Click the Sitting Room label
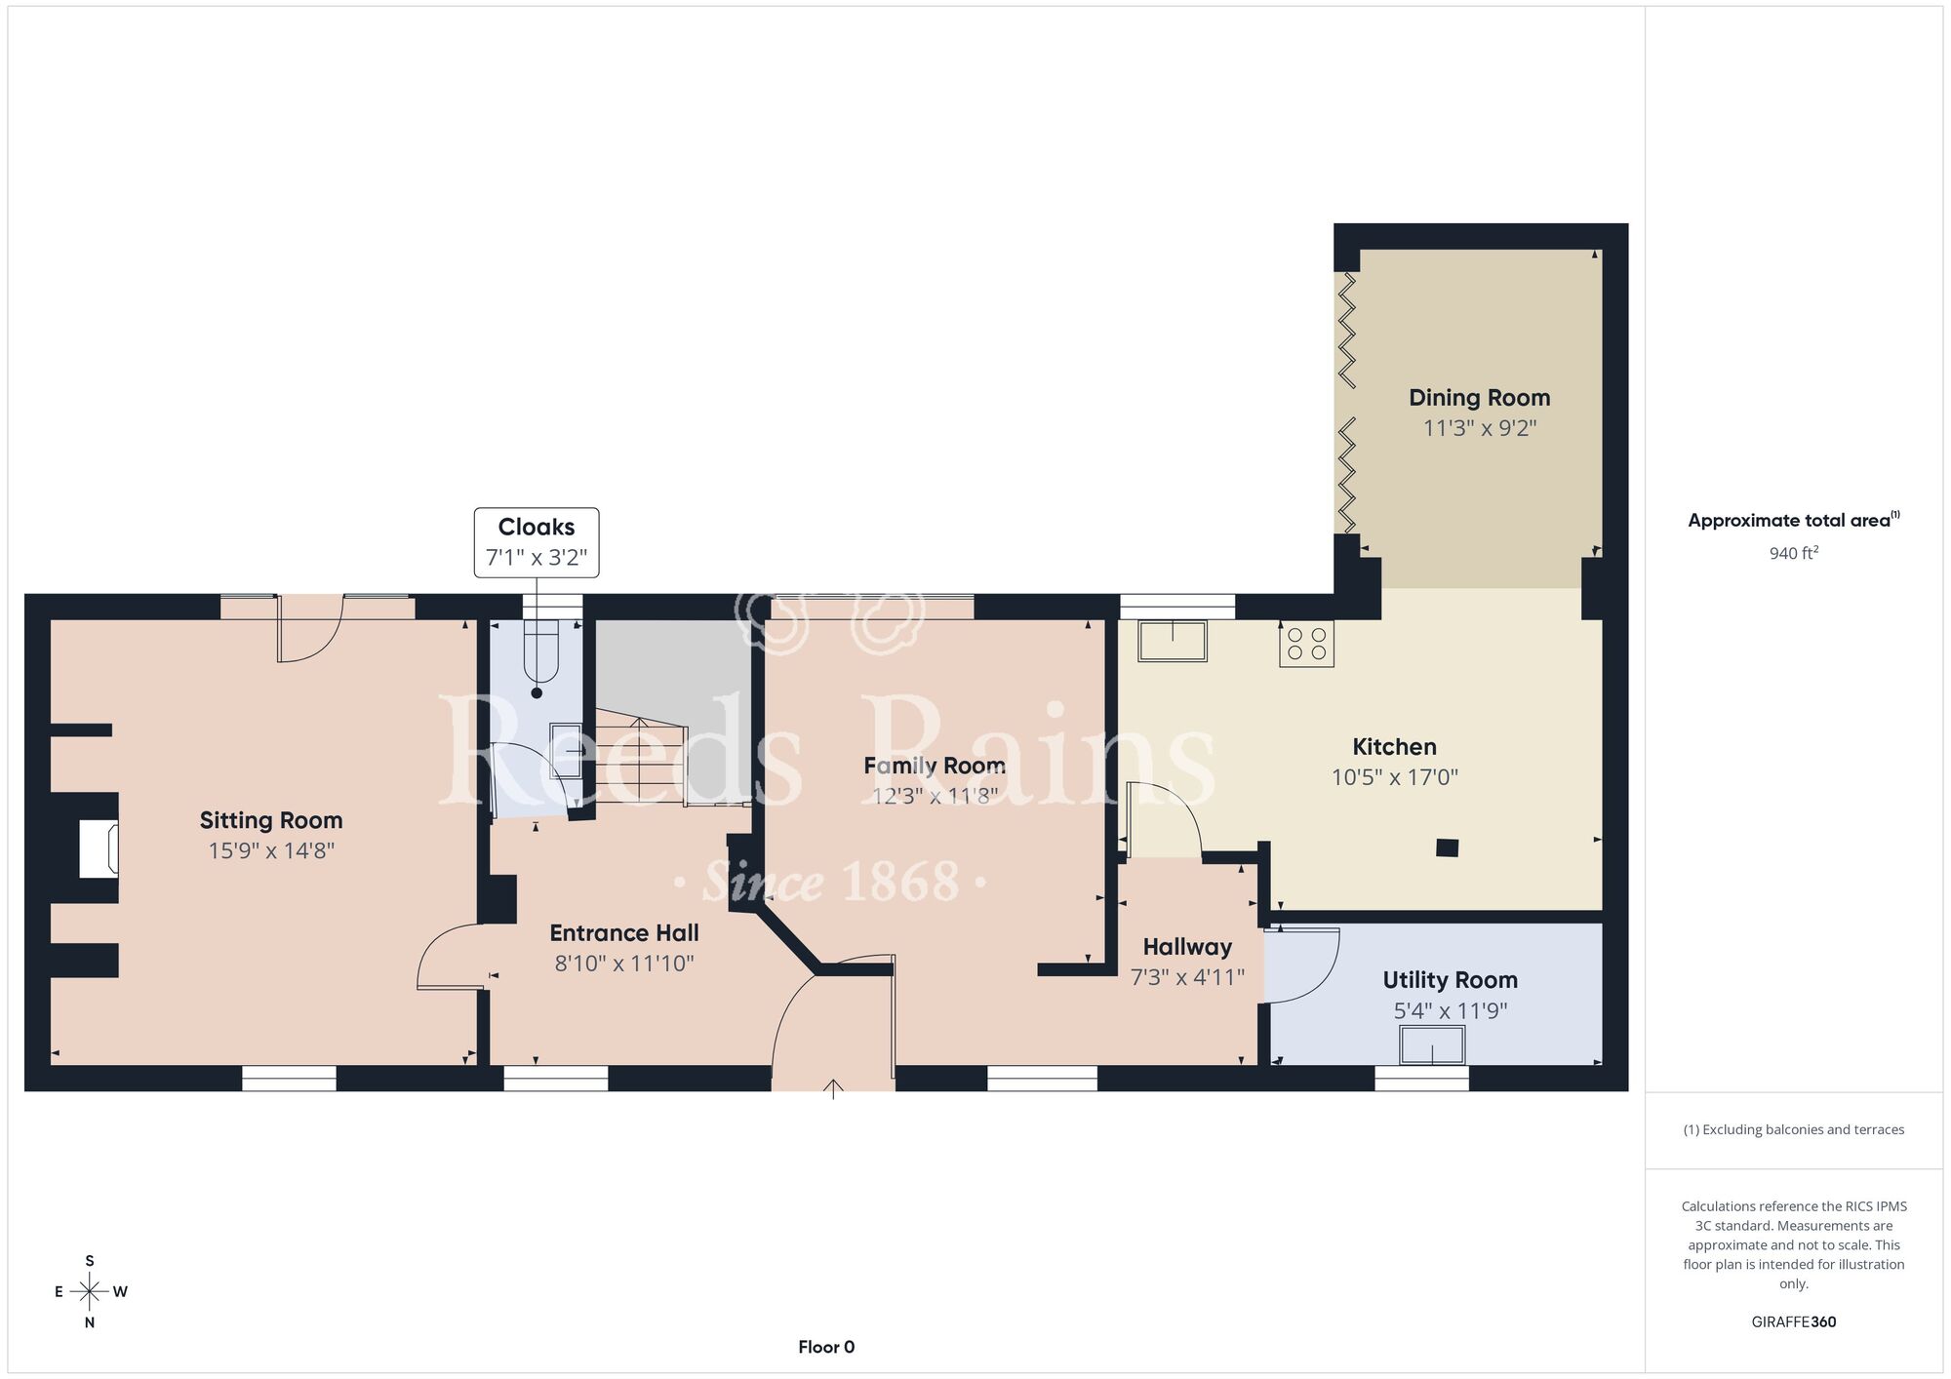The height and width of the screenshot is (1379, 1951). pos(271,820)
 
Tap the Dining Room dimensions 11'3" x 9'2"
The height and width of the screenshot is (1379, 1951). pos(1480,428)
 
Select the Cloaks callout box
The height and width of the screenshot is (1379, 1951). pos(537,542)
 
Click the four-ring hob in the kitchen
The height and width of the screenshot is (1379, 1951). pos(1306,644)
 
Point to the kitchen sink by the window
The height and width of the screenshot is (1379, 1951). pos(1173,640)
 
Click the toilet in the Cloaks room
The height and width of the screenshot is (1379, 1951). pos(539,649)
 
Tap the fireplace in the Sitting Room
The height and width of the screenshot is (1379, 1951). pos(99,849)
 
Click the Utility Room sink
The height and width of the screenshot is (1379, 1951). pos(1433,1044)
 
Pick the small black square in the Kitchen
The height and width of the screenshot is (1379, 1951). pos(1448,847)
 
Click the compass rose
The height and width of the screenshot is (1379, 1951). pos(90,1292)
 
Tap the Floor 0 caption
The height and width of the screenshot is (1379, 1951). pos(826,1347)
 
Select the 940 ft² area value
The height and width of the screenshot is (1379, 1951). pos(1794,553)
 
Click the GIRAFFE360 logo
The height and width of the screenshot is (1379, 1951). pos(1794,1322)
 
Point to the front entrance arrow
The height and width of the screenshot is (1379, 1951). pos(833,1089)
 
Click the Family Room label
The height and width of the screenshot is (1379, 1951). pos(935,766)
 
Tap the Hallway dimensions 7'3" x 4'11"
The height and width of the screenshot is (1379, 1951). pos(1187,977)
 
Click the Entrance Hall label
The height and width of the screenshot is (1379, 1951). pos(624,932)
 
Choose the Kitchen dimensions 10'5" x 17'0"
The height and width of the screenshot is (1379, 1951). pos(1395,777)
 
